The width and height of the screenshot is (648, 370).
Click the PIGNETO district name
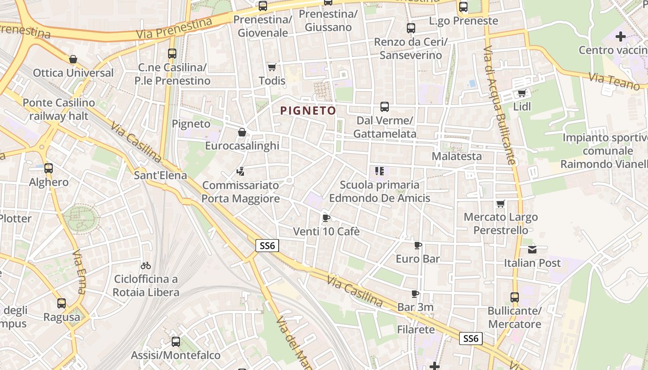coord(308,111)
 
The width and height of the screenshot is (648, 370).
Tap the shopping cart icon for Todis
coord(272,68)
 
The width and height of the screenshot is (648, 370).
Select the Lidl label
coord(522,107)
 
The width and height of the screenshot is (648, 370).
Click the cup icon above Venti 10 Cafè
coord(326,218)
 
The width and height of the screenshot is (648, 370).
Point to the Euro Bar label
coord(417,259)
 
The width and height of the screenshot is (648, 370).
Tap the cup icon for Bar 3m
coord(415,294)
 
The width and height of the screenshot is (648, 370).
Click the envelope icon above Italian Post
coord(532,250)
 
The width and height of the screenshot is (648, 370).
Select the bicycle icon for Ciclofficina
coord(146,265)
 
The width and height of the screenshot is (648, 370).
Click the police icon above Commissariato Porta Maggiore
coord(240,172)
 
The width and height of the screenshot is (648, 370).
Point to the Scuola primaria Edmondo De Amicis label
coord(380,191)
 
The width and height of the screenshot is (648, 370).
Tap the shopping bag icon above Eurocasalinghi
coord(242,133)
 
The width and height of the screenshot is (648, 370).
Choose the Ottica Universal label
coord(73,73)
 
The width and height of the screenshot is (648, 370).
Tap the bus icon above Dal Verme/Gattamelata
coord(384,107)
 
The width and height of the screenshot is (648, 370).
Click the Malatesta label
coord(456,156)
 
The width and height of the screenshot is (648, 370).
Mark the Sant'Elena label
coord(160,175)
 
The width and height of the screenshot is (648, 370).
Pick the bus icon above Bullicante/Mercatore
coord(515,297)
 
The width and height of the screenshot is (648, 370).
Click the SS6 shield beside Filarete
coord(471,338)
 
